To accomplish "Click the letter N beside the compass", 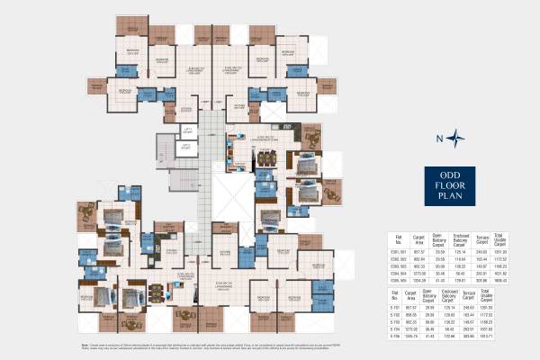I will [440, 139].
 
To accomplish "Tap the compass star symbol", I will [459, 138].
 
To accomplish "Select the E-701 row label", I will [394, 308].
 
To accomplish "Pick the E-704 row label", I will [394, 329].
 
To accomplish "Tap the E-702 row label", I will [394, 315].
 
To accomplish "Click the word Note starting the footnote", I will [85, 345].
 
